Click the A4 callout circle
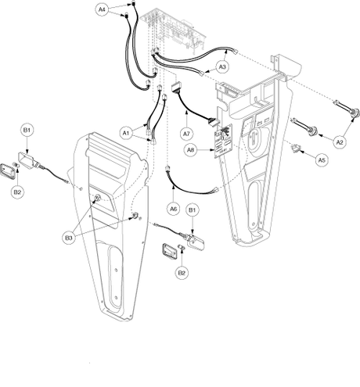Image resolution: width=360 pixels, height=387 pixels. (102, 9)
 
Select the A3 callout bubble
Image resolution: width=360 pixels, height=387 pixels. (222, 67)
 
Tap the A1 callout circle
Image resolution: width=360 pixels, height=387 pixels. (126, 133)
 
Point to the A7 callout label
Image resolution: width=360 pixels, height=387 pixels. (187, 134)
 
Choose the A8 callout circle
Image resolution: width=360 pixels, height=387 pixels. (191, 150)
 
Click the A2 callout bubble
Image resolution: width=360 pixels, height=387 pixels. (340, 142)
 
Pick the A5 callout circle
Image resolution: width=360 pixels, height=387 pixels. (322, 159)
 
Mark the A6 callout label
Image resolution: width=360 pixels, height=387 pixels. (174, 209)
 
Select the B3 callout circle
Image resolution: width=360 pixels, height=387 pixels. (69, 238)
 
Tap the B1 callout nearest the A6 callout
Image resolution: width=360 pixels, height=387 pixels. (193, 210)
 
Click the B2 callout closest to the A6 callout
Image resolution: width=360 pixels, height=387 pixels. (182, 273)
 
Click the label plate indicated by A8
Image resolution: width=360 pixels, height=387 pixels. (224, 141)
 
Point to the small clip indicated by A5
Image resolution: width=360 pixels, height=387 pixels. (296, 149)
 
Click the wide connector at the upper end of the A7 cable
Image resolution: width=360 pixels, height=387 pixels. (176, 87)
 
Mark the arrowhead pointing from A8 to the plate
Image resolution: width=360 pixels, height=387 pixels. (212, 150)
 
